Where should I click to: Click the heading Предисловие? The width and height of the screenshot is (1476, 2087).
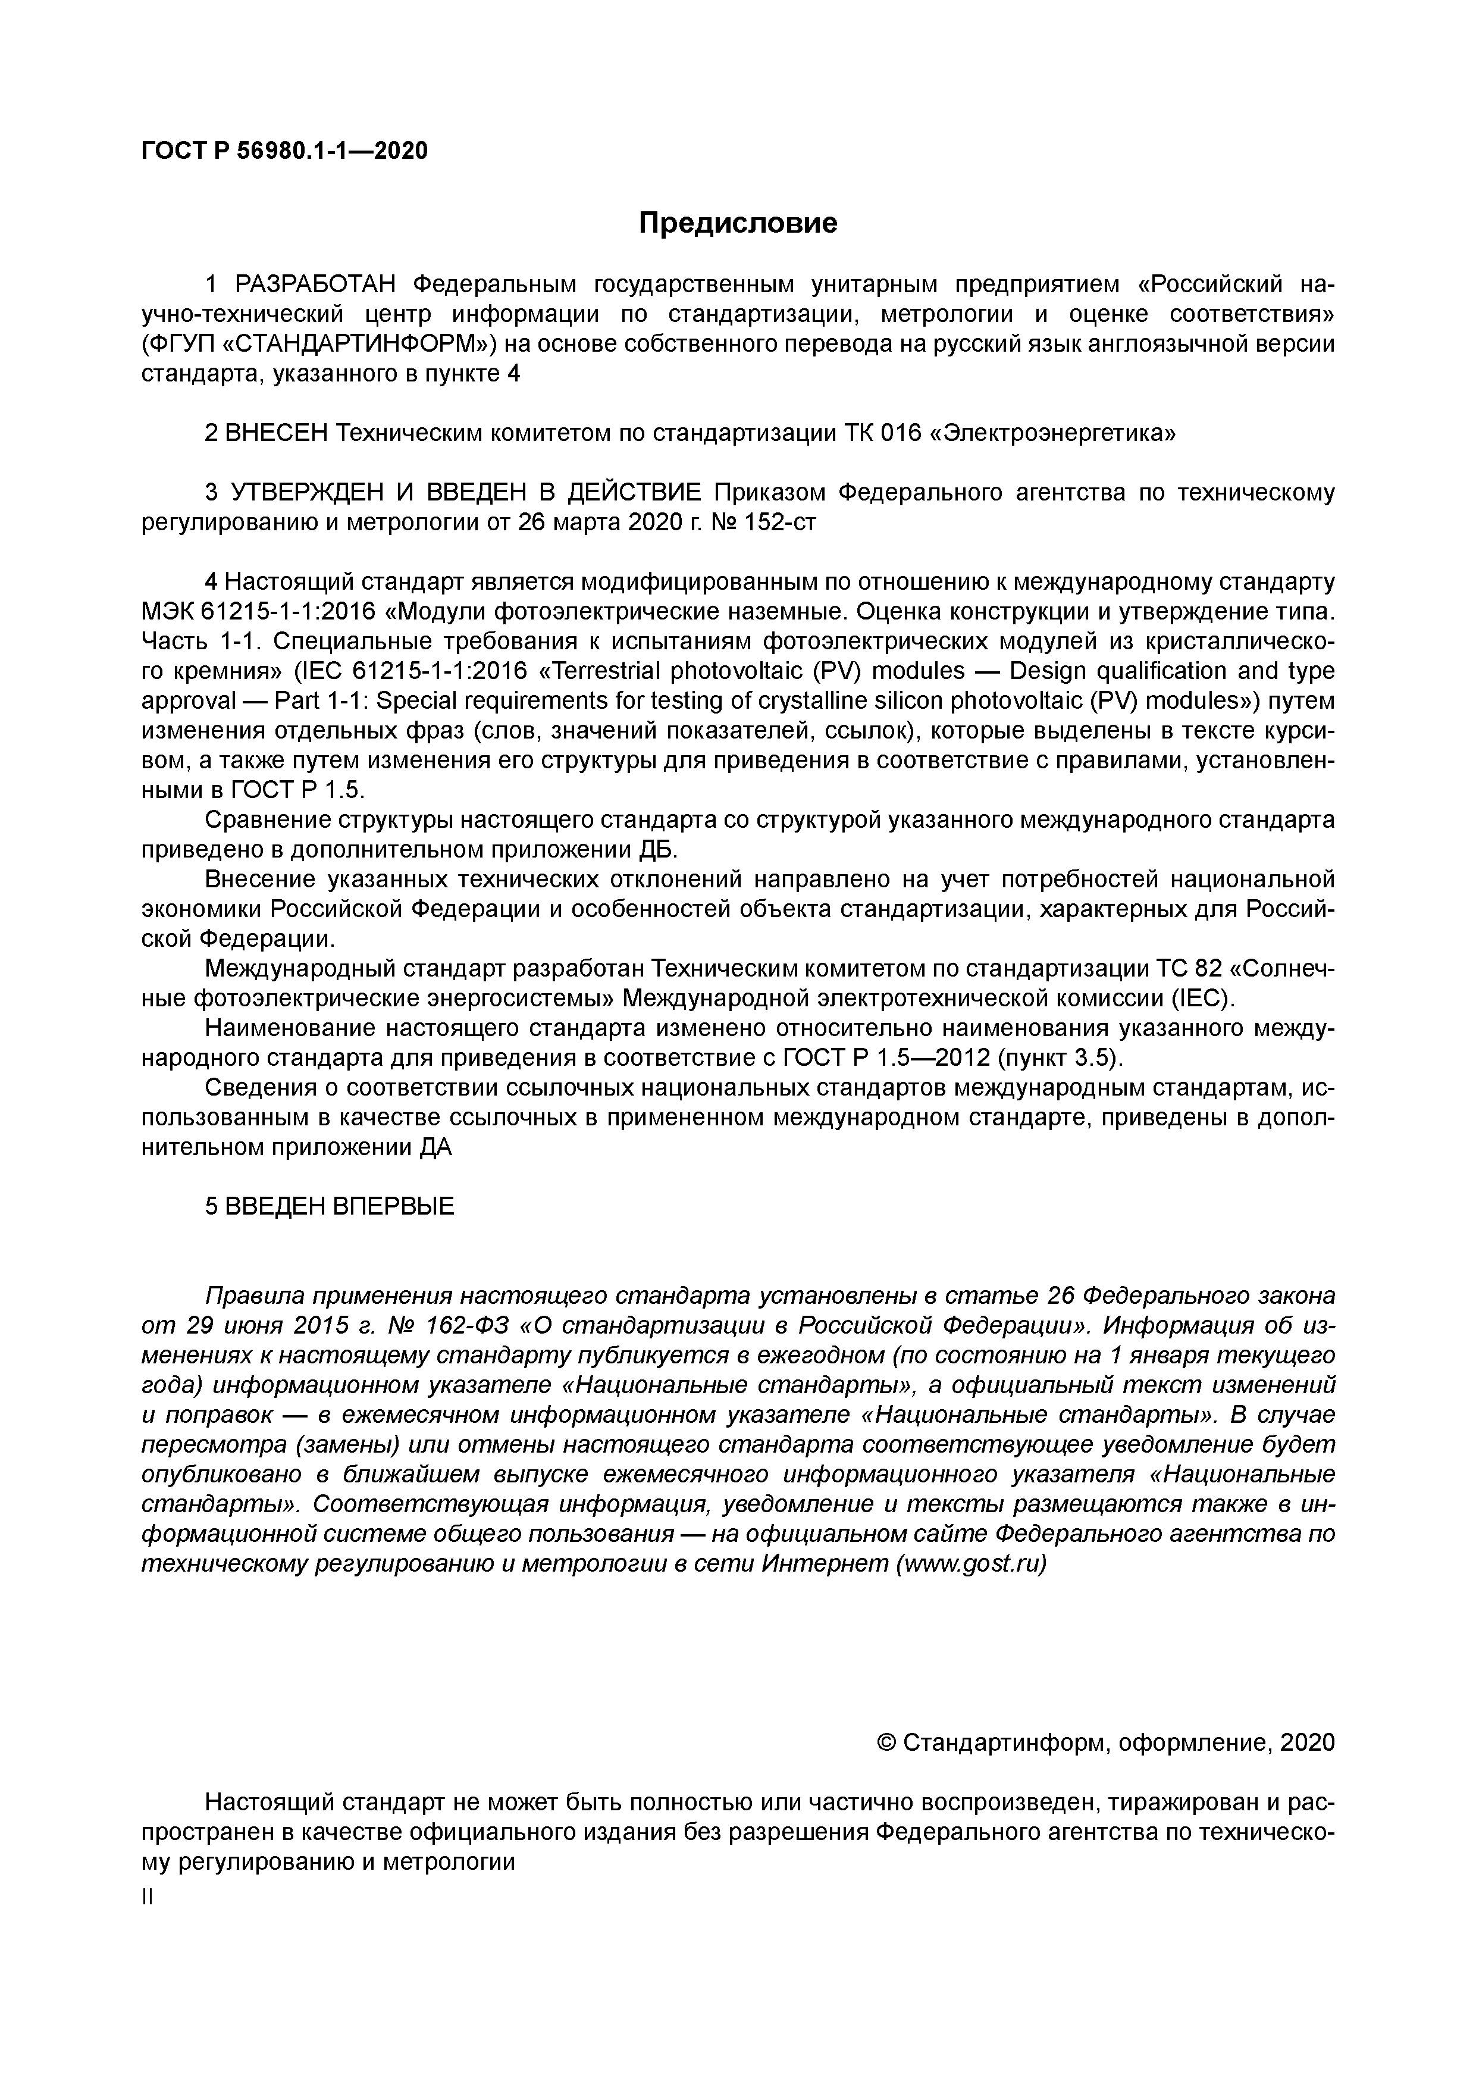[x=737, y=223]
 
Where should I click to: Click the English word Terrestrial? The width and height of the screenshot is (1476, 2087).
[x=599, y=672]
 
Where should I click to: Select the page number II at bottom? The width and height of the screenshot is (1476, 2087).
[x=148, y=1898]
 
